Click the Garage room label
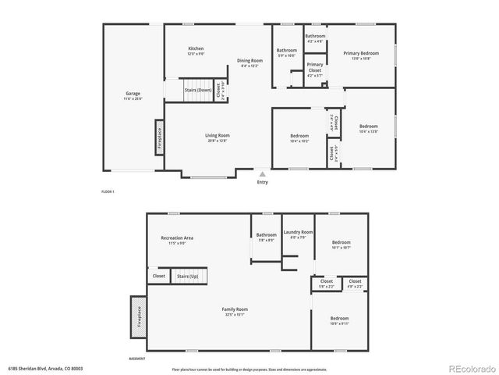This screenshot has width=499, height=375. (133, 94)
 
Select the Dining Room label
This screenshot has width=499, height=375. (249, 61)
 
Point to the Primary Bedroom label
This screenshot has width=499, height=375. (361, 53)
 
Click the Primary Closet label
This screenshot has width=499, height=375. (315, 67)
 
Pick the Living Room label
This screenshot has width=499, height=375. (218, 135)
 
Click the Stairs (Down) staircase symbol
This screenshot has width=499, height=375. (198, 90)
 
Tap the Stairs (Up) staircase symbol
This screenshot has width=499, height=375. (188, 276)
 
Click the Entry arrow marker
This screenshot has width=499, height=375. (262, 174)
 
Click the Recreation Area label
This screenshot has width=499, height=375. (177, 237)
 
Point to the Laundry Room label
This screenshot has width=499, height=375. (298, 232)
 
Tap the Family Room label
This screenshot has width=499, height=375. (235, 309)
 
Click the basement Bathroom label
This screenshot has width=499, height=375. (267, 234)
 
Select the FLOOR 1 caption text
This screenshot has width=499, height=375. (108, 191)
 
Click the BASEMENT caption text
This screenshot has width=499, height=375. (137, 358)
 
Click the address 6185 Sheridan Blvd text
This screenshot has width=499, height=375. (45, 368)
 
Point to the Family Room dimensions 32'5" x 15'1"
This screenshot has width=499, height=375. (235, 315)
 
